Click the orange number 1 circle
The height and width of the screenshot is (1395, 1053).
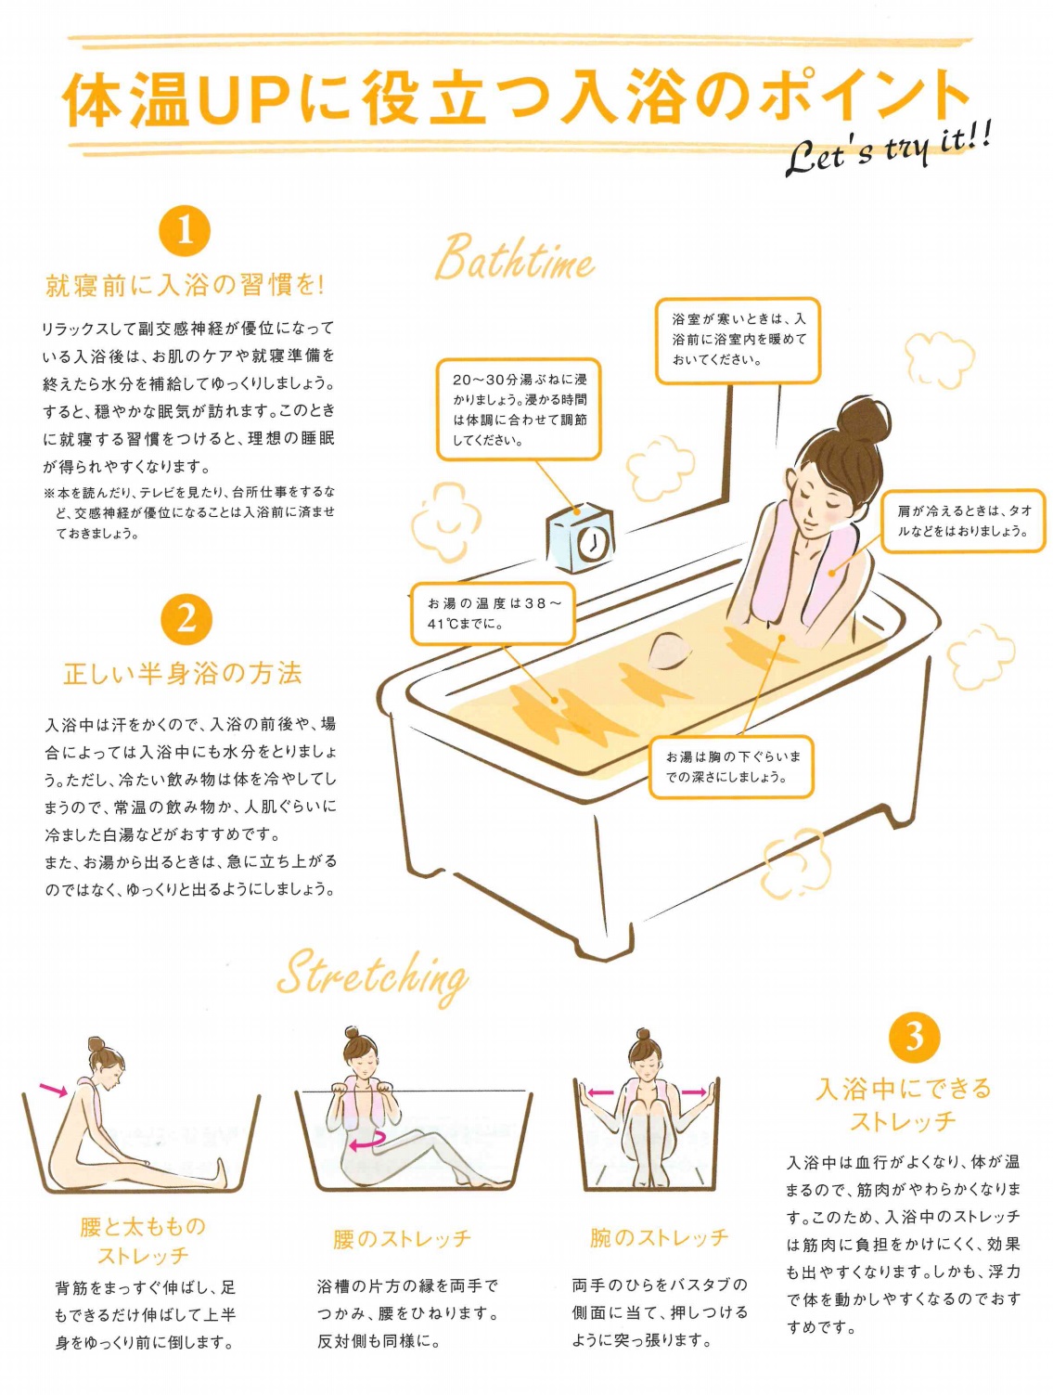(x=185, y=232)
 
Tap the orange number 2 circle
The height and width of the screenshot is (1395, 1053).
(x=185, y=618)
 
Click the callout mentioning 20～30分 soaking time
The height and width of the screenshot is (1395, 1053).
(x=519, y=409)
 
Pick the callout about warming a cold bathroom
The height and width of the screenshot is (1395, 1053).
(x=738, y=341)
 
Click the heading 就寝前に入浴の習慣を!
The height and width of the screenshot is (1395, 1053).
(x=185, y=287)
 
